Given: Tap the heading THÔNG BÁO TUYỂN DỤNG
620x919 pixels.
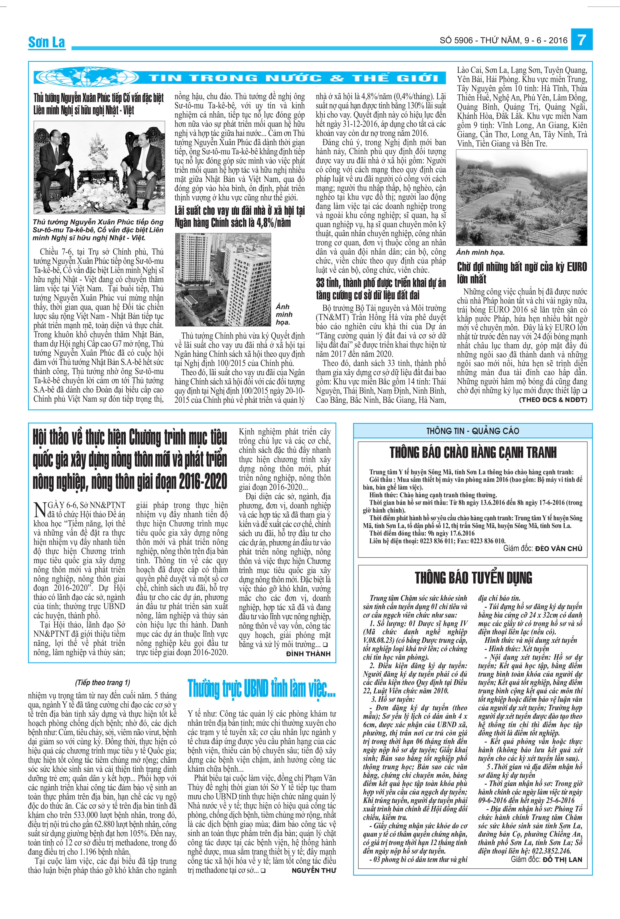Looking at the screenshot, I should [473, 578].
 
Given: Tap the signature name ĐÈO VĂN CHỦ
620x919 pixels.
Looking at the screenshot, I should [558, 549].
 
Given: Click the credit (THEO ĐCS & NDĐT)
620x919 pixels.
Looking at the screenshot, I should [553, 400].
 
